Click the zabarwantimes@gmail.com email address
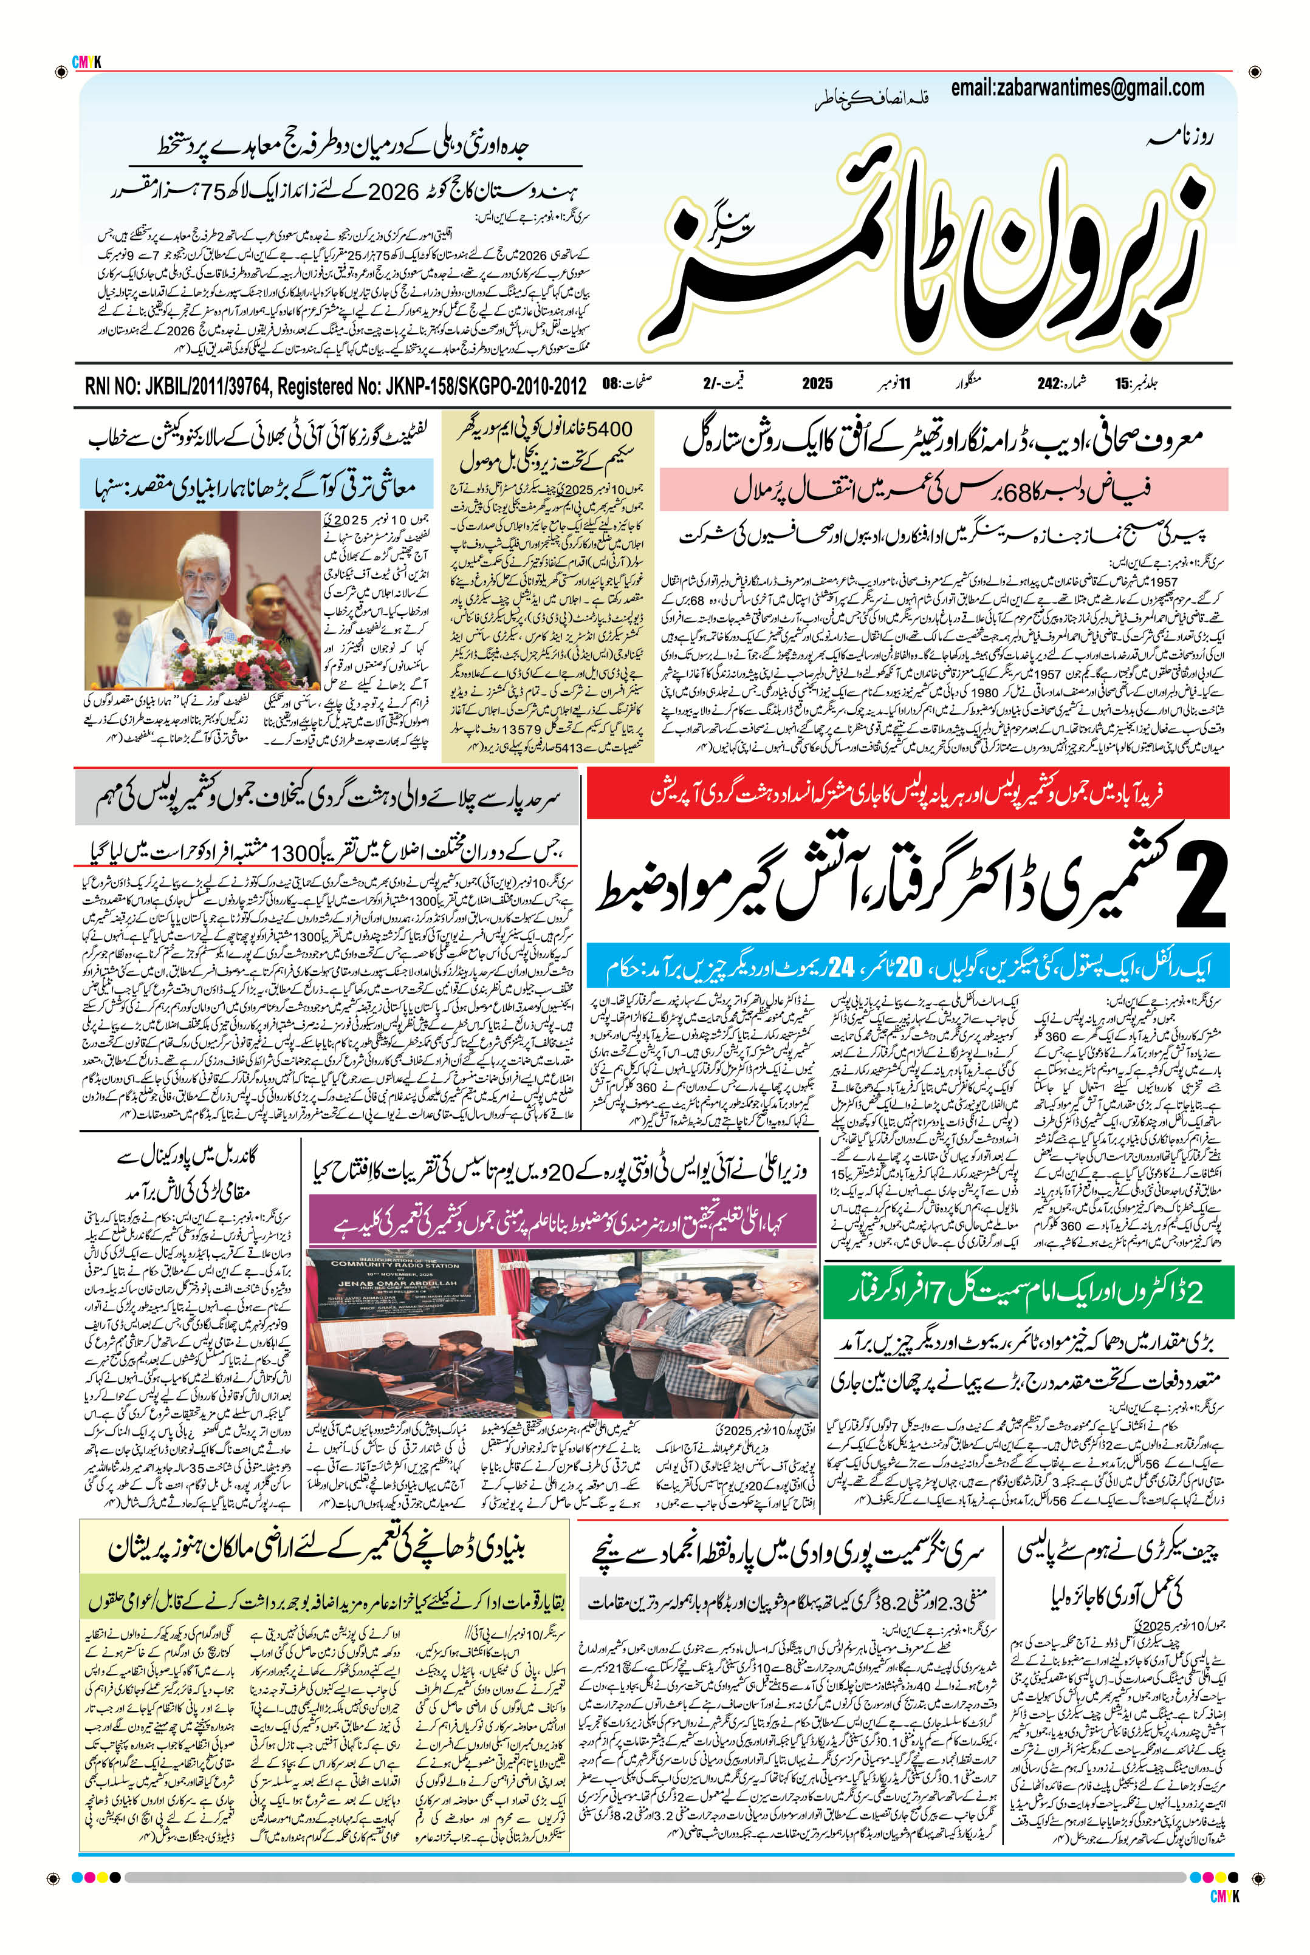pyautogui.click(x=1077, y=87)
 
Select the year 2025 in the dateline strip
pyautogui.click(x=817, y=384)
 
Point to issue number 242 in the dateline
pyautogui.click(x=1048, y=384)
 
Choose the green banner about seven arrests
pyautogui.click(x=1025, y=1292)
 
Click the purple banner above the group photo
pyautogui.click(x=562, y=1220)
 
